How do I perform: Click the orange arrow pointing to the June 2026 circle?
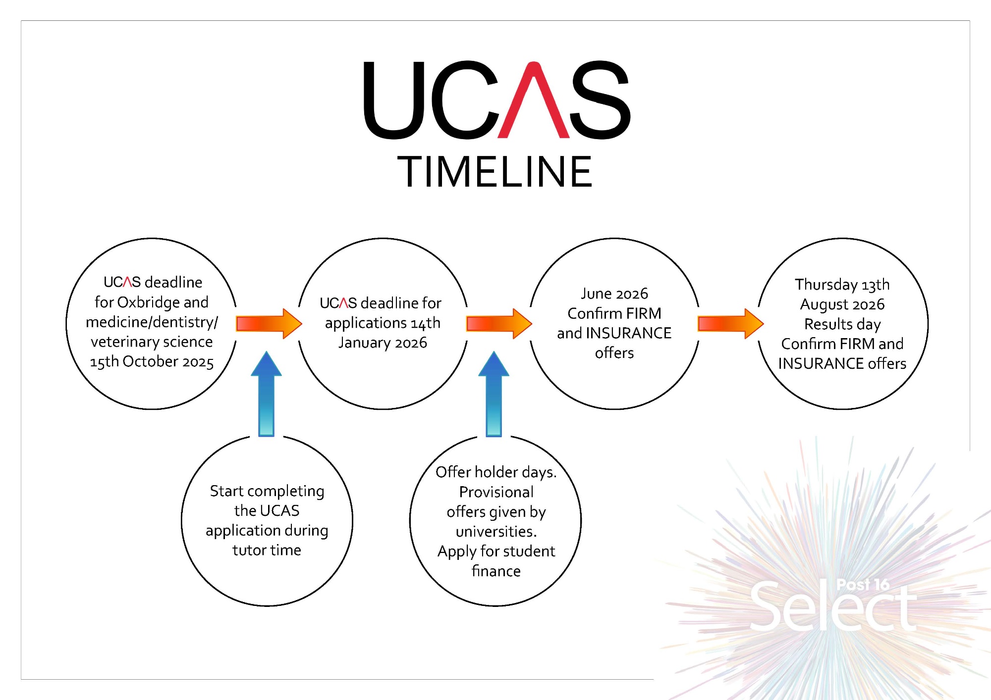coord(498,324)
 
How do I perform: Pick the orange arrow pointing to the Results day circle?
coord(730,324)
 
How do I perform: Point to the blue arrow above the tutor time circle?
coord(267,394)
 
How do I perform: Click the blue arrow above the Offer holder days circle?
coord(494,394)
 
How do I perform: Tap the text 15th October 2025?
coord(152,362)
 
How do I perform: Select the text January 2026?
coord(383,343)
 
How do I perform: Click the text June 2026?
coord(614,294)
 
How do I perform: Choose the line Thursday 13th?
coord(842,285)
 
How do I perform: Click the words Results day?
coord(842,324)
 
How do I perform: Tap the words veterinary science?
coord(152,342)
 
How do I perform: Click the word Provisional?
coord(496,492)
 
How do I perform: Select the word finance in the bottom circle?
coord(496,571)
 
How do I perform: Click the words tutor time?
coord(267,550)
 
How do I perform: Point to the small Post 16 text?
coord(863,585)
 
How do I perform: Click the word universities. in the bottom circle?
coord(496,532)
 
